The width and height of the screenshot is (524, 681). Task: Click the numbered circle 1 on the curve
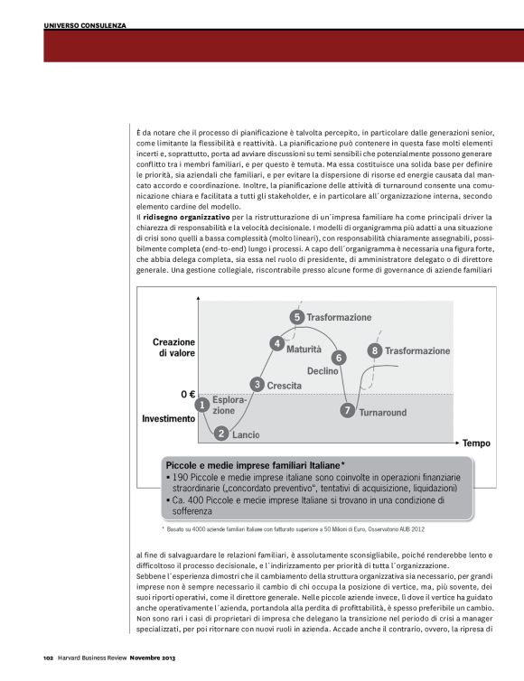203,404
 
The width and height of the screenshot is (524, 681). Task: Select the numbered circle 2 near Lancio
221,434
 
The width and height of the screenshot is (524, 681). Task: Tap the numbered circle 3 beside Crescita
257,385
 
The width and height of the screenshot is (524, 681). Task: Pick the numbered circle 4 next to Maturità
276,343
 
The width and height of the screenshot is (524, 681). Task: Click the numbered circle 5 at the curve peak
296,317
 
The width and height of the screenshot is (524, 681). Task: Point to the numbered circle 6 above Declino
339,358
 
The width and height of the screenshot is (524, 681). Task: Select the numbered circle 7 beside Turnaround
348,410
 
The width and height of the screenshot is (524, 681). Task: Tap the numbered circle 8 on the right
374,350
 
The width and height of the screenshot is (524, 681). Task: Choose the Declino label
323,371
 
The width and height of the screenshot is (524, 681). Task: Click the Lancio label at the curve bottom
246,434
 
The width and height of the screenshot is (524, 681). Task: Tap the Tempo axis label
476,443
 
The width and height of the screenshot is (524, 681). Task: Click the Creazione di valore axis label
173,348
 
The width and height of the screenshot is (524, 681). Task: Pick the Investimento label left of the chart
168,419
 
